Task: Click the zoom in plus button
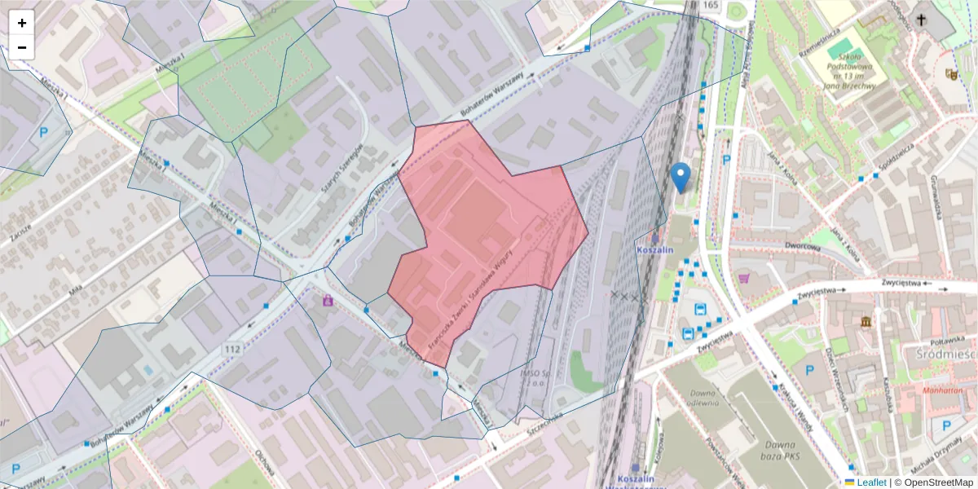pos(22,23)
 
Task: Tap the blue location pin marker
pos(681,177)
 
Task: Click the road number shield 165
pos(710,6)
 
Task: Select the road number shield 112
pos(232,349)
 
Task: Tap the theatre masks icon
pos(950,73)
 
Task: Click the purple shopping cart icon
pos(743,278)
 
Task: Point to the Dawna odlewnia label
pos(695,397)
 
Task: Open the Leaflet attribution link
pos(870,482)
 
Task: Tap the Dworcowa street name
pos(801,245)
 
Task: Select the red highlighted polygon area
pos(481,228)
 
